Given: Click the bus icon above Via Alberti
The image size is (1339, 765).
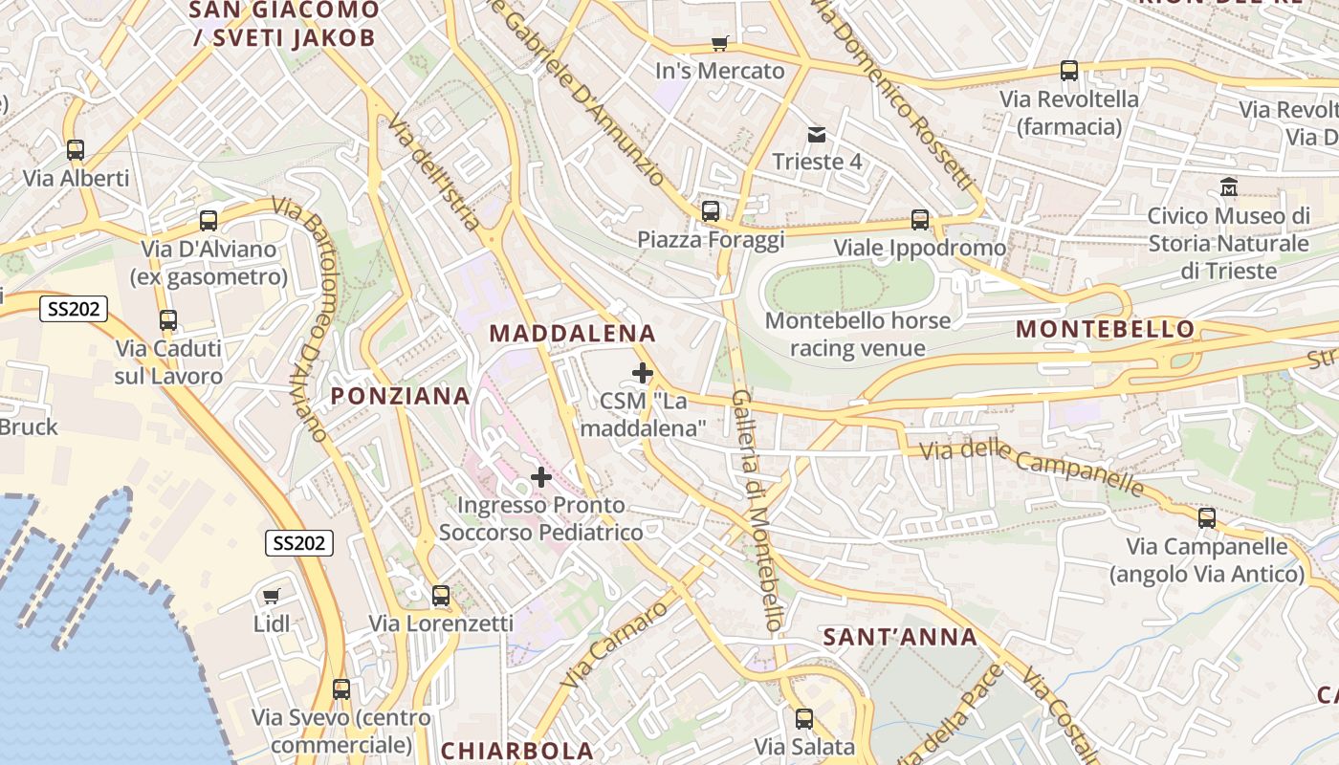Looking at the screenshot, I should click(76, 150).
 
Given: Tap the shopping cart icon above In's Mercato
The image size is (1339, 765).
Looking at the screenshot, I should click(719, 43).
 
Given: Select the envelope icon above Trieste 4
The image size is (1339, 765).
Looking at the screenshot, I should click(817, 134).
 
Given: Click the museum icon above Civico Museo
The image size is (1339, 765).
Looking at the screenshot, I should click(1229, 187).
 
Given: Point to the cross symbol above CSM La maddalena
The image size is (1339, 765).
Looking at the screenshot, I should click(643, 372).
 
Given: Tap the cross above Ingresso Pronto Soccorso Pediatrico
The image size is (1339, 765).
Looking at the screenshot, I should click(541, 476).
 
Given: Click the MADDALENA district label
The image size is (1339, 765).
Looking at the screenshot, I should click(572, 334).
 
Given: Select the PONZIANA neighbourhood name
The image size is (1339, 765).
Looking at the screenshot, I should click(400, 396).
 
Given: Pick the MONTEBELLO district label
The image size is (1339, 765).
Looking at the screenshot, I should click(1105, 330).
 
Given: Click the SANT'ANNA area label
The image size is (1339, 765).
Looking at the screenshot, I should click(900, 637).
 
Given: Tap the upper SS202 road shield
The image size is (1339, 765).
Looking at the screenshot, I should click(74, 309).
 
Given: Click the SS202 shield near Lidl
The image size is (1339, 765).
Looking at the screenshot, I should click(299, 543).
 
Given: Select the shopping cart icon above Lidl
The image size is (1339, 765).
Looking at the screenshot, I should click(272, 597).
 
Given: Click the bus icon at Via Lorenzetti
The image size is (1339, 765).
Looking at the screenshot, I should click(441, 596).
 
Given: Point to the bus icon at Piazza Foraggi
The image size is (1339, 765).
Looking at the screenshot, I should click(711, 211).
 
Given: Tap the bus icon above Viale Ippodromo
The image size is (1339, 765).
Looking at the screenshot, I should click(920, 220).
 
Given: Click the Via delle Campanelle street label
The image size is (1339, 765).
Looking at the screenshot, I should click(1031, 469).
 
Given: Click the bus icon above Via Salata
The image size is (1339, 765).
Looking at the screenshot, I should click(804, 718).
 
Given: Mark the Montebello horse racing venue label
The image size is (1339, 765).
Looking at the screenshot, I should click(858, 334).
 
